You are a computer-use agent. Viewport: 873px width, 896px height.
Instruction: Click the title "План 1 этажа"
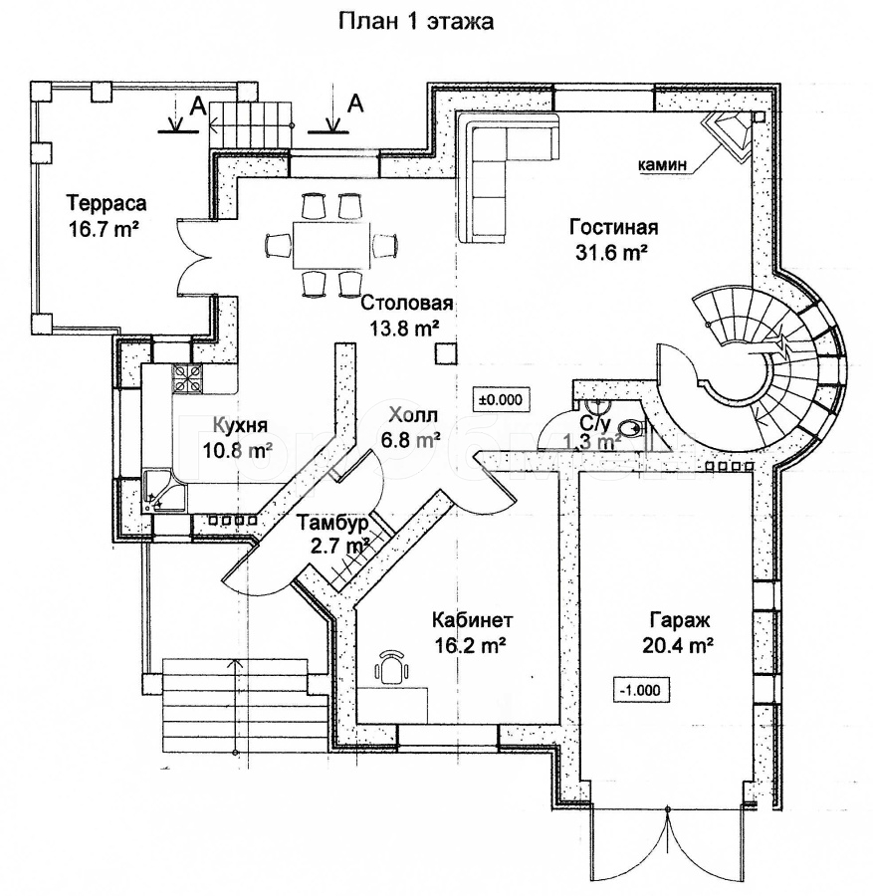(417, 20)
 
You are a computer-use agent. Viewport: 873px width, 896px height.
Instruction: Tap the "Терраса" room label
(107, 204)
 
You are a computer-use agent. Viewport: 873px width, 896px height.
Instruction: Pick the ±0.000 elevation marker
(503, 399)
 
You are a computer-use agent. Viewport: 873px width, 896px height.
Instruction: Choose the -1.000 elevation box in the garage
(643, 688)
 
